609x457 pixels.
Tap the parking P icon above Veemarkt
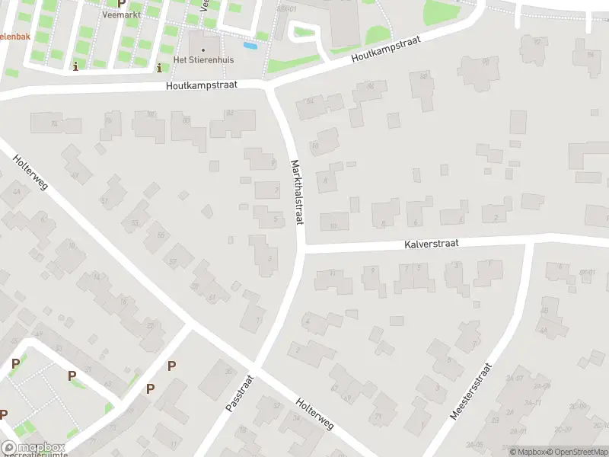click(121, 4)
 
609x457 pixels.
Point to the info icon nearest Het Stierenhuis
click(158, 67)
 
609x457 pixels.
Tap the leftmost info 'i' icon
click(75, 67)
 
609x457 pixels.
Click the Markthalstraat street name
click(297, 192)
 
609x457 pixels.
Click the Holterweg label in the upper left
click(30, 174)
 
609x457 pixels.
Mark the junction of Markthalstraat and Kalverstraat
click(302, 249)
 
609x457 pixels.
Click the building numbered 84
click(309, 101)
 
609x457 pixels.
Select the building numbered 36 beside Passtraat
click(228, 371)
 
